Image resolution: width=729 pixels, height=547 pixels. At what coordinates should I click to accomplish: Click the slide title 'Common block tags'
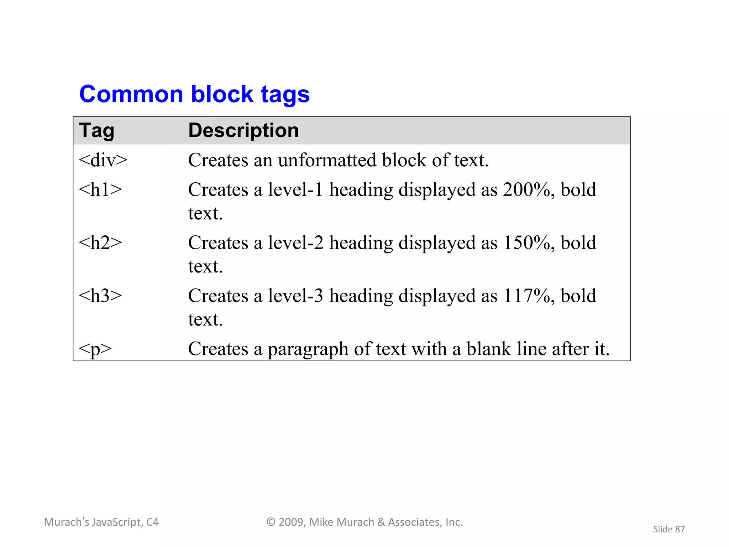point(194,94)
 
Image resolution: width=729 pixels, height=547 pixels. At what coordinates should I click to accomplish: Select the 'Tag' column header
point(96,130)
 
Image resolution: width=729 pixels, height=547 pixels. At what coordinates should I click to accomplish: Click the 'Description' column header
point(243,130)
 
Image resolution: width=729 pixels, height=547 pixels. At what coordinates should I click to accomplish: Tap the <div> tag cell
point(103,160)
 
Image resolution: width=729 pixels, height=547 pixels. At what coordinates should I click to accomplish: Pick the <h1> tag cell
point(100,189)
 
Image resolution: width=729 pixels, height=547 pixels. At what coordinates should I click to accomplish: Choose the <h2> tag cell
point(100,243)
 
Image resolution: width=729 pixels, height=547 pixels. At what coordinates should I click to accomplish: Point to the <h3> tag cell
point(100,296)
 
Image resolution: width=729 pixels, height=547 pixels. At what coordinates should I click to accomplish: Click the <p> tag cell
point(95,349)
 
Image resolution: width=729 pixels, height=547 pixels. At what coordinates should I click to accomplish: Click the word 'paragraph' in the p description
point(308,349)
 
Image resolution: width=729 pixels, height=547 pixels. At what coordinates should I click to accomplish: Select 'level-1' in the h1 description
point(295,189)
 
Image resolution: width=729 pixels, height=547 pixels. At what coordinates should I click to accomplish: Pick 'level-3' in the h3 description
point(295,296)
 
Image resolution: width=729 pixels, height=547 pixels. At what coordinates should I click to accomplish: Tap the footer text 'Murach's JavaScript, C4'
point(101,522)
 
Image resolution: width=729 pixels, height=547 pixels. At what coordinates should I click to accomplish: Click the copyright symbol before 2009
point(271,522)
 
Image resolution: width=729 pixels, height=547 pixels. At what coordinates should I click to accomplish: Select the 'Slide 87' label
point(669,529)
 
